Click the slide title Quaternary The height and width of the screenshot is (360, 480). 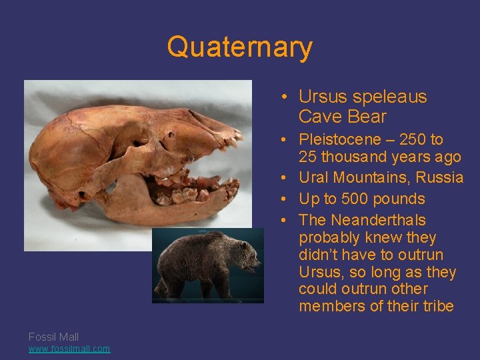coord(239,47)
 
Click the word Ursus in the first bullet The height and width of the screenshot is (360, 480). coord(323,97)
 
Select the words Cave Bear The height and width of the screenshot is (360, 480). coord(342,117)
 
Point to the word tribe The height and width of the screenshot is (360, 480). coord(437,307)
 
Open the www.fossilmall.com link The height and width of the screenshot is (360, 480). coord(69,349)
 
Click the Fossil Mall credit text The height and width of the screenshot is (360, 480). coord(53,337)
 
